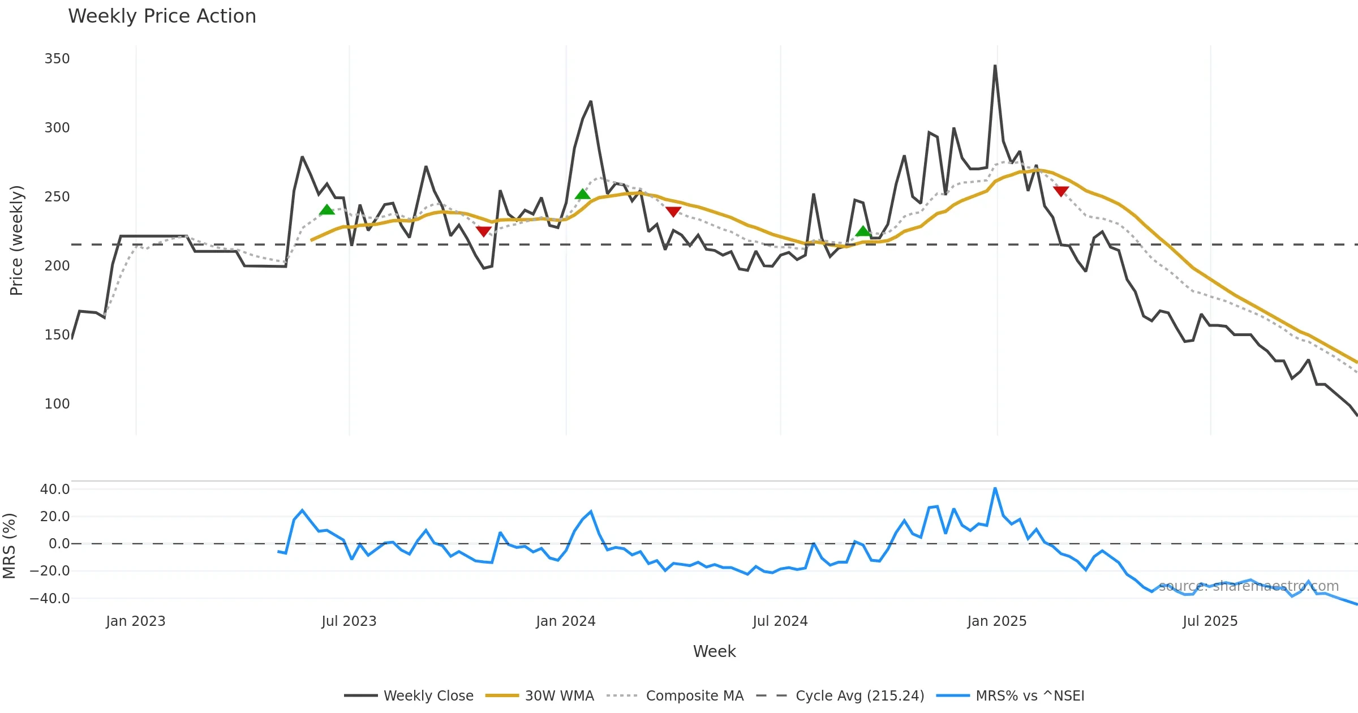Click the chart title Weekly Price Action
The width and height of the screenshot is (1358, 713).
(x=162, y=16)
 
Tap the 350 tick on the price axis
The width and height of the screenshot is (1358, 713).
(x=57, y=59)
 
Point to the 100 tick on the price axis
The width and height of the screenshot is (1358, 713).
(x=57, y=404)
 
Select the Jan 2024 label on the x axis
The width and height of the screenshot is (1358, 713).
(x=565, y=621)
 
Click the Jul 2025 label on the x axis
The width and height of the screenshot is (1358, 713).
(x=1210, y=621)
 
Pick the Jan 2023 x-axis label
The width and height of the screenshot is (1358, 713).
(x=135, y=621)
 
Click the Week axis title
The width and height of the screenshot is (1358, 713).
(x=714, y=652)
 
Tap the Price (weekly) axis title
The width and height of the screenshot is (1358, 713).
(x=16, y=240)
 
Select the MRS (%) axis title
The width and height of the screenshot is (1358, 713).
(x=9, y=546)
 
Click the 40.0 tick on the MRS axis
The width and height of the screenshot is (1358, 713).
(x=55, y=489)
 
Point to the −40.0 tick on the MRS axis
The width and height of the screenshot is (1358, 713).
(x=50, y=599)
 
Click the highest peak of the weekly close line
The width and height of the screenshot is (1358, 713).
(x=995, y=66)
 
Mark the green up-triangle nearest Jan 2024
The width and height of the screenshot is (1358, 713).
(x=582, y=195)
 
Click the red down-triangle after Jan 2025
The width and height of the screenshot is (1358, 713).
(x=1061, y=191)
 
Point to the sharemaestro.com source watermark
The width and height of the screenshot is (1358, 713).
(x=1248, y=586)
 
